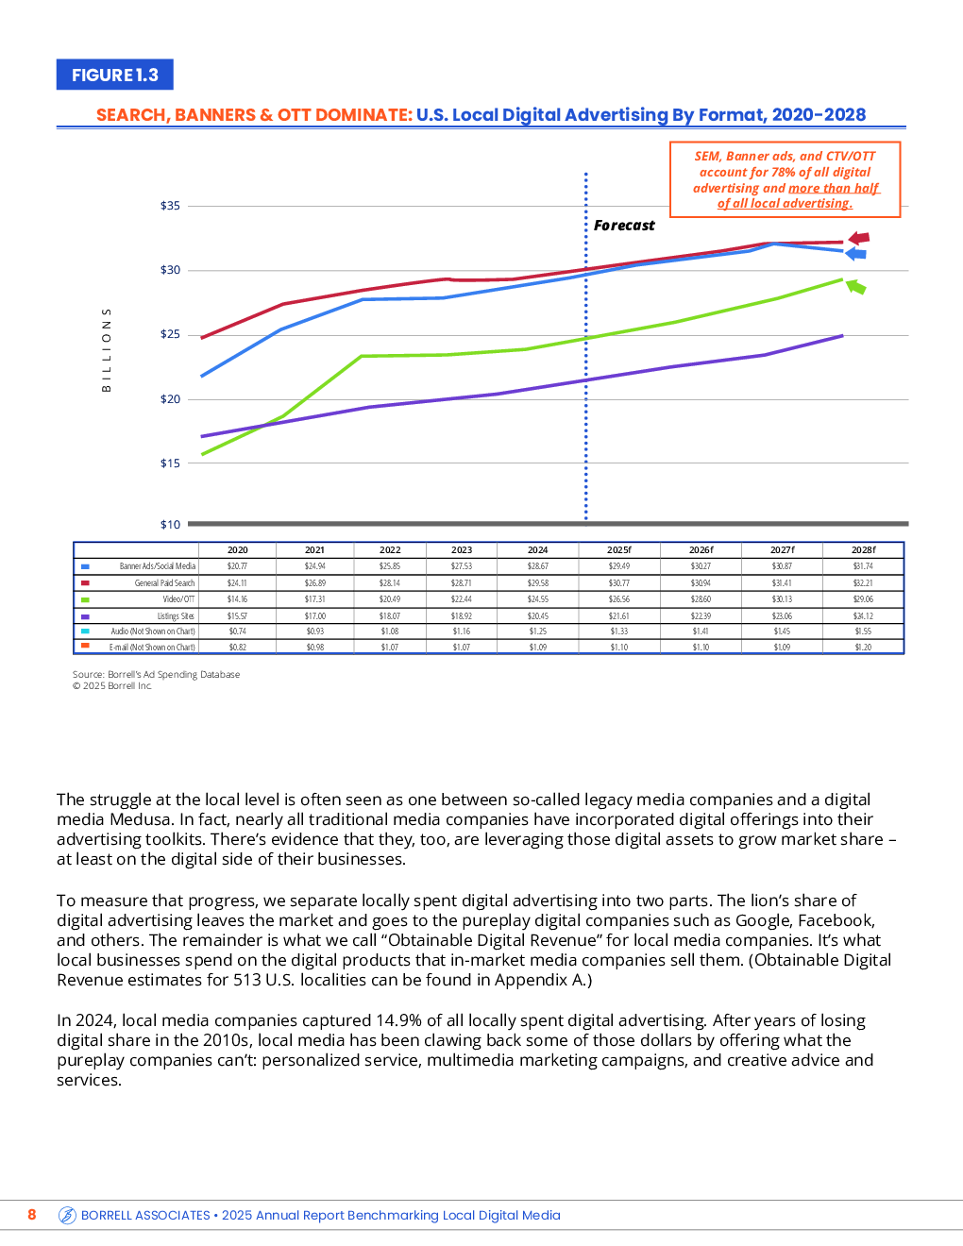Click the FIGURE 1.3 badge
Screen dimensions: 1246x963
coord(115,75)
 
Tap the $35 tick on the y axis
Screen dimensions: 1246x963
coord(170,206)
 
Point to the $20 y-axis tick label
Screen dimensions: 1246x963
coord(170,399)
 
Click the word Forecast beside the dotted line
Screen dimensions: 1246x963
coord(624,226)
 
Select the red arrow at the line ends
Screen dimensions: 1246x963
coord(858,239)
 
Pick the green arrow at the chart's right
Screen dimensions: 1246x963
coord(855,286)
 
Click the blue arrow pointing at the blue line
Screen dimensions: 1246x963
coord(855,254)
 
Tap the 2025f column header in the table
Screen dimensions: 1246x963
coord(619,550)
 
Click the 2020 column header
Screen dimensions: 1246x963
coord(238,550)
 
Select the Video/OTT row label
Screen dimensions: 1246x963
coord(178,599)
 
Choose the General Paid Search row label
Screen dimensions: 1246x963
coord(164,583)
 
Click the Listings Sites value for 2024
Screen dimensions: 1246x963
coord(537,616)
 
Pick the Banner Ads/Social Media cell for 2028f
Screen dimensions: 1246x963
coord(863,566)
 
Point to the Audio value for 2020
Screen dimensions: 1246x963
coord(238,631)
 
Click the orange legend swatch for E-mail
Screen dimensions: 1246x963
coord(85,647)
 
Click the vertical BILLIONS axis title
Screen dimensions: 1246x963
coord(107,349)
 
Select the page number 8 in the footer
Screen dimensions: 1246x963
coord(32,1215)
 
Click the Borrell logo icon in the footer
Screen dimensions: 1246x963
coord(67,1215)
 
